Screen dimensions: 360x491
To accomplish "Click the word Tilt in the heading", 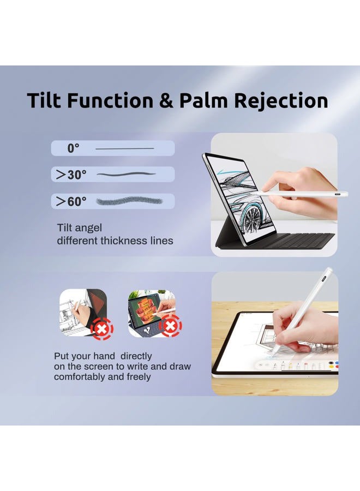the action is click(44, 100).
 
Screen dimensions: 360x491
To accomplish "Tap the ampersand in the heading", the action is click(166, 101).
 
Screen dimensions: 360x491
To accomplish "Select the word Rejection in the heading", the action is click(281, 101).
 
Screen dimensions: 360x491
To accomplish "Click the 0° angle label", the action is click(73, 148).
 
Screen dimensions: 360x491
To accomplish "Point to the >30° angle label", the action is click(71, 175).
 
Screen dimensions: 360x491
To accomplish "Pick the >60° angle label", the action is click(71, 201).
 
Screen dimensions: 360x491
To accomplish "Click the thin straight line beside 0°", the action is click(124, 148).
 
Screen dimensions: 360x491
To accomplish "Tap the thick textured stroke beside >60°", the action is click(129, 201).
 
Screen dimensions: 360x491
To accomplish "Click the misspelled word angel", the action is click(90, 228).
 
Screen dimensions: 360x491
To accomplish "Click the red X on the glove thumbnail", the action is click(102, 329).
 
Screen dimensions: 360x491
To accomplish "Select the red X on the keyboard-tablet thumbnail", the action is click(170, 326).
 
